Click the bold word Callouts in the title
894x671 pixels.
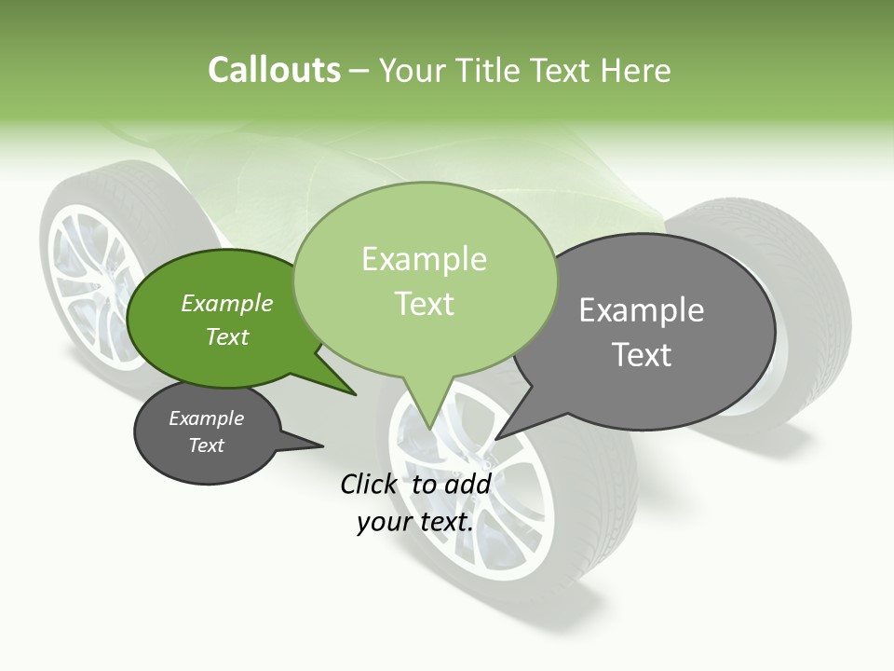coord(274,70)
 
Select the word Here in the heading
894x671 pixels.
coord(636,70)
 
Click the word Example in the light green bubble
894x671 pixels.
coord(424,259)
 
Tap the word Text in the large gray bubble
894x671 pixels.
coord(642,355)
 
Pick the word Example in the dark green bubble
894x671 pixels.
coord(227,303)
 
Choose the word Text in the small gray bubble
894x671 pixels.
coord(207,445)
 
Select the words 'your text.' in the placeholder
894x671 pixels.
coord(414,522)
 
